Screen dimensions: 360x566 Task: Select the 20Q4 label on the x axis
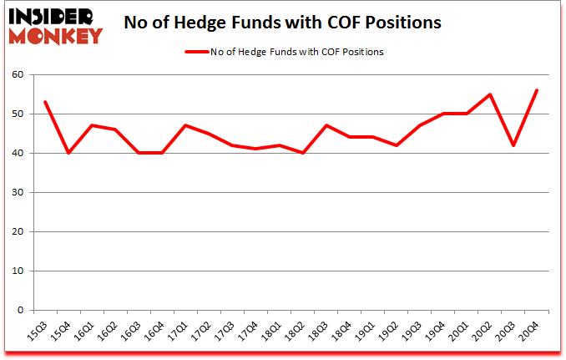click(x=530, y=327)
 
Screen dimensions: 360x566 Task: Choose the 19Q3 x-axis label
click(x=412, y=327)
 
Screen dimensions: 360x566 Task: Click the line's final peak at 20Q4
click(x=537, y=90)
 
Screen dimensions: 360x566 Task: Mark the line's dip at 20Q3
click(x=513, y=145)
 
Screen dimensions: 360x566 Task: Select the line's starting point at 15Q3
click(x=44, y=102)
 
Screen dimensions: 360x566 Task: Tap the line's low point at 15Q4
click(x=68, y=153)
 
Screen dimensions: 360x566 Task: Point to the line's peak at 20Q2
click(x=490, y=94)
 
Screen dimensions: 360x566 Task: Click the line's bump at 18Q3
click(x=326, y=125)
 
